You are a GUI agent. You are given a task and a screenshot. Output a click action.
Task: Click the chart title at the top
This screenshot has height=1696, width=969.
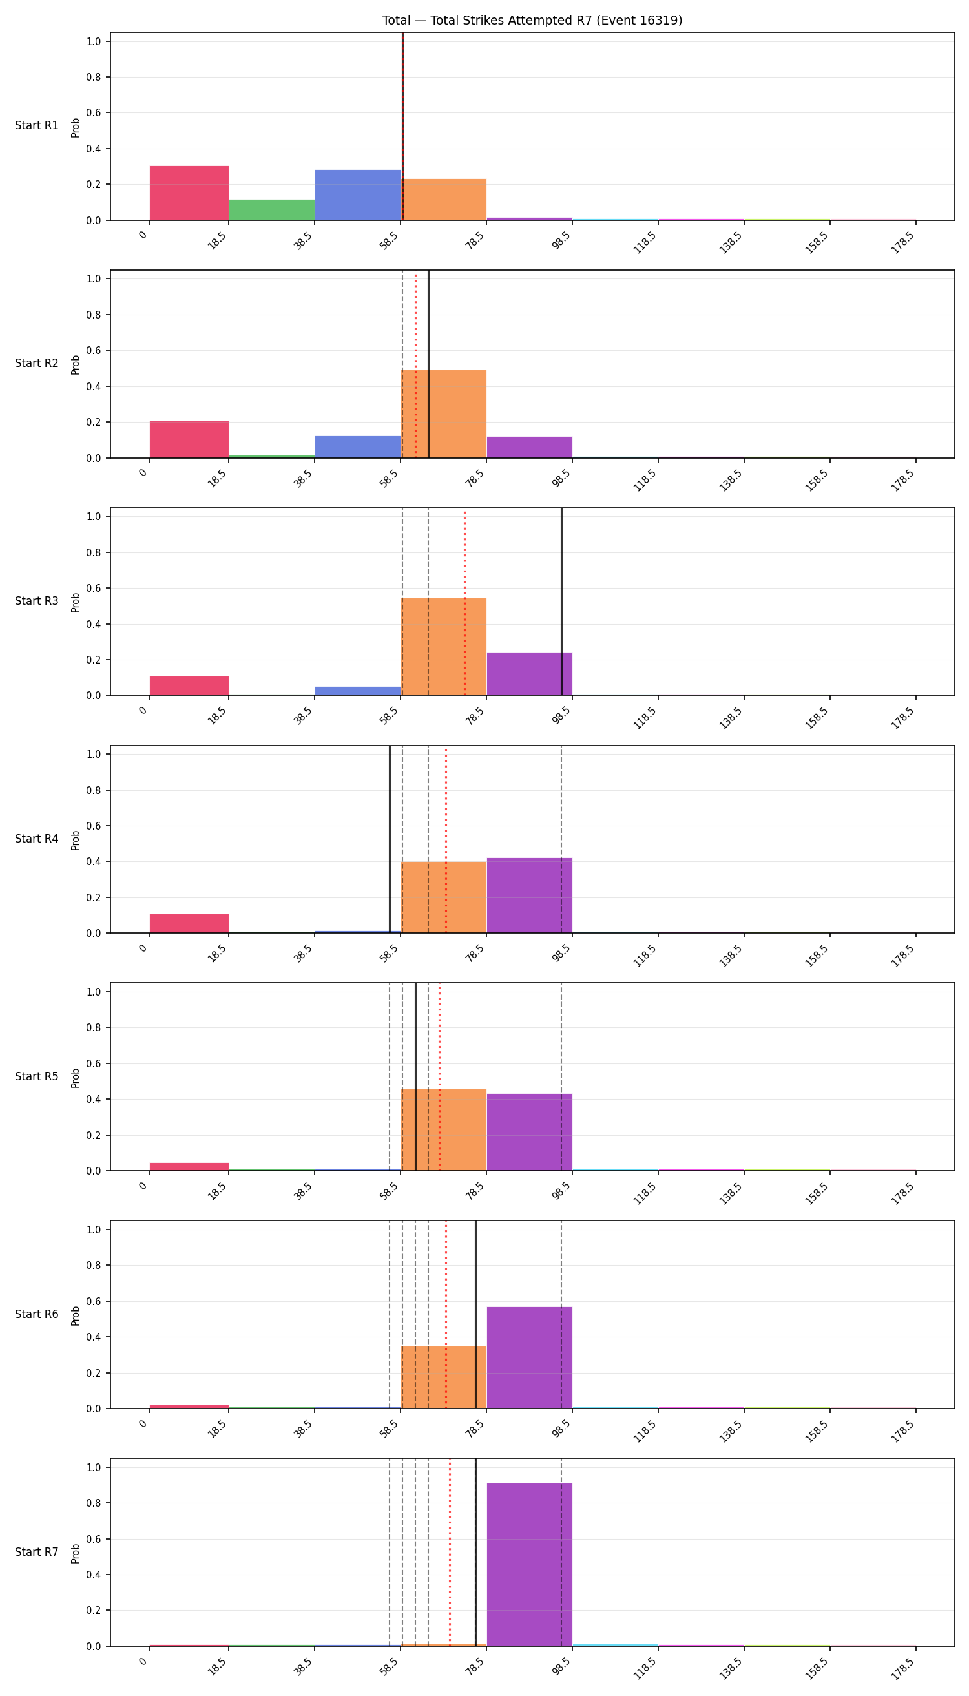point(532,21)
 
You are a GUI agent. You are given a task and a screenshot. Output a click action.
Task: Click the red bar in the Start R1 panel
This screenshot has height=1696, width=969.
point(189,193)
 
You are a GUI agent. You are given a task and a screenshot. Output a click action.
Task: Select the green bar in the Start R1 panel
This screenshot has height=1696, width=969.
point(271,210)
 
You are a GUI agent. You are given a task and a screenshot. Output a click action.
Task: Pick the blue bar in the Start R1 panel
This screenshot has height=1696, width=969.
point(357,195)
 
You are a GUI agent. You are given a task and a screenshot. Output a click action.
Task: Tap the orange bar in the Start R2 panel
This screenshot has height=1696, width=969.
point(444,414)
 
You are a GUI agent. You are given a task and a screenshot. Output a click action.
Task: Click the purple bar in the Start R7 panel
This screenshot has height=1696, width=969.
point(530,1564)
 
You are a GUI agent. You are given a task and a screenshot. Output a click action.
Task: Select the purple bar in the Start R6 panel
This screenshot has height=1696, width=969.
point(530,1357)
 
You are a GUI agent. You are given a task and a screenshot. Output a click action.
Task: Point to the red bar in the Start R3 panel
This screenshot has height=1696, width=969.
point(189,686)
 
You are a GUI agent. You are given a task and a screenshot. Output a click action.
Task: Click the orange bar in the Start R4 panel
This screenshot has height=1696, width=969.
point(444,897)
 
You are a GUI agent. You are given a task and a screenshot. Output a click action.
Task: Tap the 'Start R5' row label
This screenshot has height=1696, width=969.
point(37,1076)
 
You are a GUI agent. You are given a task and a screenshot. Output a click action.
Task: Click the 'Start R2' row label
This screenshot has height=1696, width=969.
point(37,362)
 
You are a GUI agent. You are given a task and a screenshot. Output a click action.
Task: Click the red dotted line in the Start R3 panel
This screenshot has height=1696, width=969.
point(464,602)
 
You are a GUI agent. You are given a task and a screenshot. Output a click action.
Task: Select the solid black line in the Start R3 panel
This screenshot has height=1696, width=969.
point(562,602)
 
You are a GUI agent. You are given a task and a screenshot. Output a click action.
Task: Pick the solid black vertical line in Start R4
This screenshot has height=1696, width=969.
point(390,839)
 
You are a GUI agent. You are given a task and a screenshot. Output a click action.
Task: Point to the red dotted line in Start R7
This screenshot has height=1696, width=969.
point(450,1553)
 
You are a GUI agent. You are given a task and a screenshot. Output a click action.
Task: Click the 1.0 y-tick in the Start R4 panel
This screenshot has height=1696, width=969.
point(94,754)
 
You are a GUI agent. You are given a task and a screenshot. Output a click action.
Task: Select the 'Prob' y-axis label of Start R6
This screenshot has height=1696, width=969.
point(75,1315)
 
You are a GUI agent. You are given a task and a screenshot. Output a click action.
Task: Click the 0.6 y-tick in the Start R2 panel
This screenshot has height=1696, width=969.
point(94,350)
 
